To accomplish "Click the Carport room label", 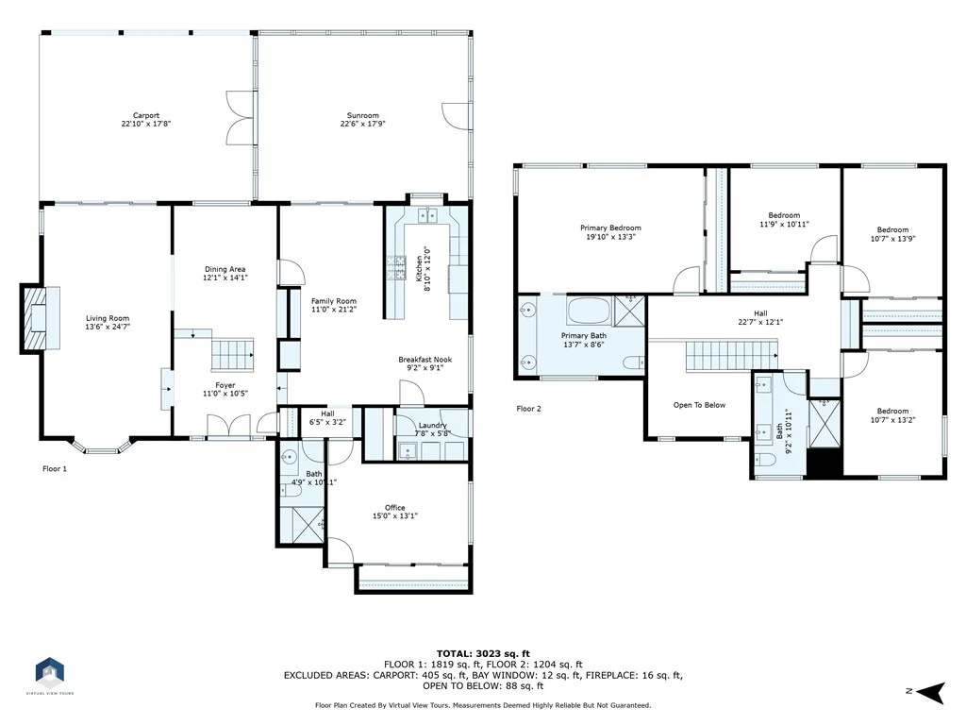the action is point(146,115).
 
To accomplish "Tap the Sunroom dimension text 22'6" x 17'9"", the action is point(363,124).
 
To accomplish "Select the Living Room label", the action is point(108,318).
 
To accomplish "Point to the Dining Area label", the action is point(225,269).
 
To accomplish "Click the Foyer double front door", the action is point(228,426).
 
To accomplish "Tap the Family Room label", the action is point(334,301).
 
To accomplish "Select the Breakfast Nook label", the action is point(425,360).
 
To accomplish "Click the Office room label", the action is point(395,507).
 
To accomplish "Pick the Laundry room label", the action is point(432,425).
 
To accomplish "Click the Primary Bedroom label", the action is point(610,228).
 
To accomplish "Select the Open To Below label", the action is point(699,405).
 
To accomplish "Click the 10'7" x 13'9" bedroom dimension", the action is point(892,239).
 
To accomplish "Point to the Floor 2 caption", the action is point(528,408).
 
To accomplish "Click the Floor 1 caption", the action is point(55,468).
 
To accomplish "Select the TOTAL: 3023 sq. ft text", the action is point(483,653).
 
